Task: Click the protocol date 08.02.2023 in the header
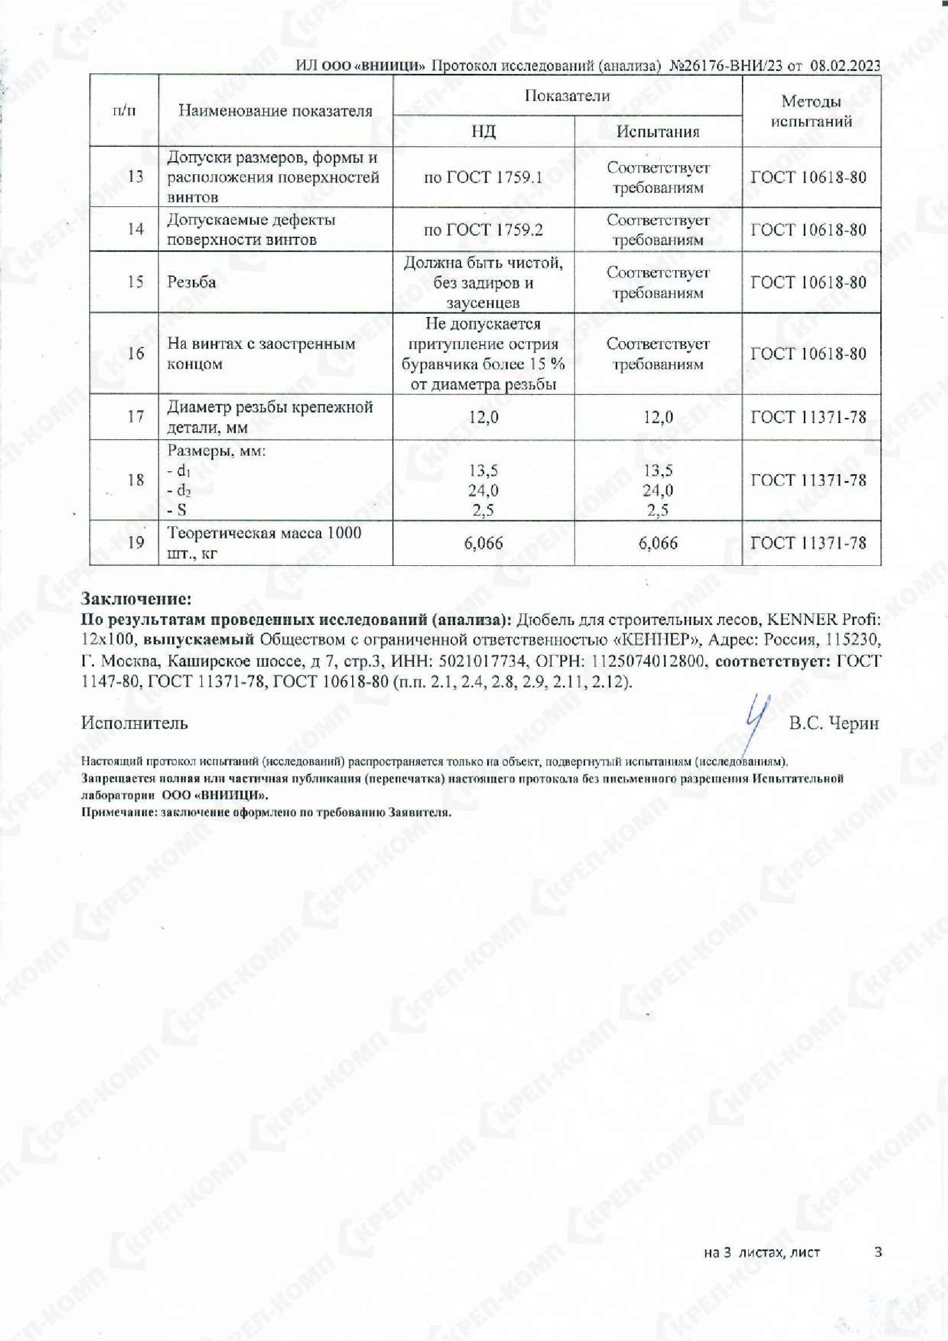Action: tap(845, 66)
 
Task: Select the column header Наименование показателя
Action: tap(275, 111)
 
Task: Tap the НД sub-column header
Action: tap(483, 131)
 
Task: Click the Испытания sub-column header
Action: tap(658, 131)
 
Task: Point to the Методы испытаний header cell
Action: tap(811, 112)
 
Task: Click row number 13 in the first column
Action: tap(135, 177)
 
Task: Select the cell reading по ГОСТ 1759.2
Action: tap(483, 229)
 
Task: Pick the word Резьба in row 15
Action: tap(192, 283)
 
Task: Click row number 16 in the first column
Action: tap(135, 353)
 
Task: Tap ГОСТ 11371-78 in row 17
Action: tap(809, 417)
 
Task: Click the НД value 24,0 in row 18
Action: tap(483, 491)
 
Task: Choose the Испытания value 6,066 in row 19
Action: tap(658, 543)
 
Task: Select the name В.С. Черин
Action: tap(833, 724)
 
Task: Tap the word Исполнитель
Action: tap(134, 723)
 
